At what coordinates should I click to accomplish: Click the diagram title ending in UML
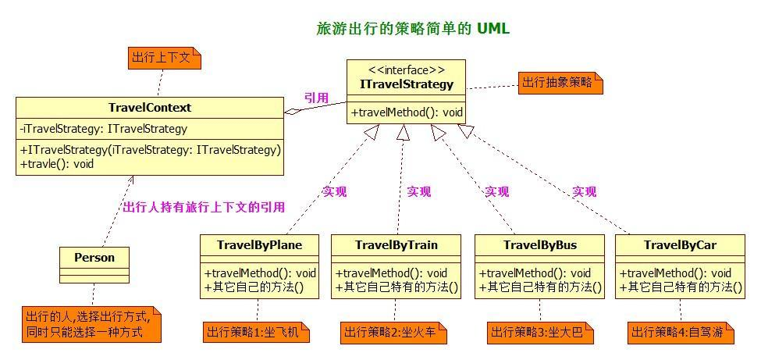413,29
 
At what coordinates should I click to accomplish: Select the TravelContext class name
150,108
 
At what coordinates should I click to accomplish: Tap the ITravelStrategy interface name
407,84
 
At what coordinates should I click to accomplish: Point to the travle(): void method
57,164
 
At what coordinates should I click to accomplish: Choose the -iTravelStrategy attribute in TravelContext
103,129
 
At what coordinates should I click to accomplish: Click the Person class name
94,257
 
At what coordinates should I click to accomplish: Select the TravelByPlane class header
259,244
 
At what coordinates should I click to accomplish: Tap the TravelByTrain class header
397,244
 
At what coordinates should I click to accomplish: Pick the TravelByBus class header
540,244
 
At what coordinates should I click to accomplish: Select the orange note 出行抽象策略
560,82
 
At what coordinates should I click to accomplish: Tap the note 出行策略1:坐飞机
256,333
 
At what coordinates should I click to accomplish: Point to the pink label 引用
316,98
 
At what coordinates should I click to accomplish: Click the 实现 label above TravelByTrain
418,191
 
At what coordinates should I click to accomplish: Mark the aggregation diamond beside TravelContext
292,111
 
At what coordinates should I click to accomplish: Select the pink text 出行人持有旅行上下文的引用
204,207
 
